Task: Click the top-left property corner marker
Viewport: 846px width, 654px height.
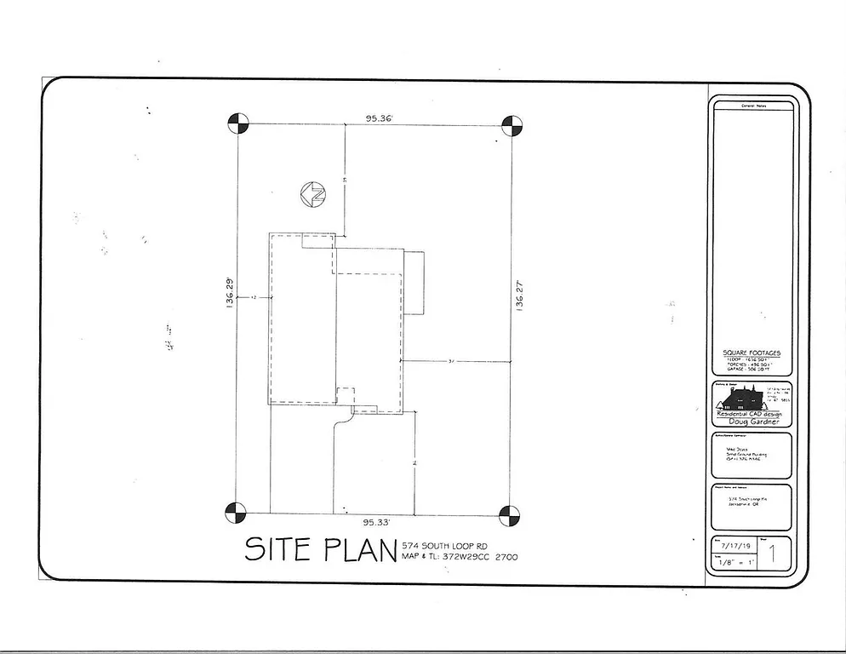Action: pyautogui.click(x=237, y=124)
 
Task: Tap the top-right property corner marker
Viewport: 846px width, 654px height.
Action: pyautogui.click(x=511, y=126)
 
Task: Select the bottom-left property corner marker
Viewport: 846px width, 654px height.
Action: pyautogui.click(x=236, y=513)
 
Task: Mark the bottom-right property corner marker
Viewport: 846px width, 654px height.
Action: pyautogui.click(x=509, y=514)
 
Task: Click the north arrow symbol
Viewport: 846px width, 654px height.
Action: pyautogui.click(x=313, y=194)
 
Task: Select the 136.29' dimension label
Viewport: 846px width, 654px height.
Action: pyautogui.click(x=229, y=293)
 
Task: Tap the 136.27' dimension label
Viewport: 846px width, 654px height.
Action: pyautogui.click(x=519, y=298)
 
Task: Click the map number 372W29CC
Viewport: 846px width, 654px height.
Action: pyautogui.click(x=466, y=557)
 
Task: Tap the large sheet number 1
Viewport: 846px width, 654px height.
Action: pyautogui.click(x=771, y=556)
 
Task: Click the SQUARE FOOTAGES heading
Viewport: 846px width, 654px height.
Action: pyautogui.click(x=751, y=353)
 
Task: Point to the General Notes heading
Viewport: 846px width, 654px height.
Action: pyautogui.click(x=753, y=106)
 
